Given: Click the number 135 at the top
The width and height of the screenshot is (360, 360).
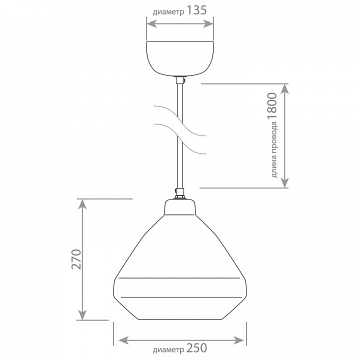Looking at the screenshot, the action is click(196, 10).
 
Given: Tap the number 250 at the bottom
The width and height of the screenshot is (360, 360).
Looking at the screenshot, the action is click(196, 348).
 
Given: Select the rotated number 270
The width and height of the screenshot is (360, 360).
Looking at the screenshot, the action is click(76, 259).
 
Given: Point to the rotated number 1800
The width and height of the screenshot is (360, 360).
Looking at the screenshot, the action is click(272, 106).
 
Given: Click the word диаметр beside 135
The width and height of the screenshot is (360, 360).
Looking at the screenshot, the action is click(168, 12).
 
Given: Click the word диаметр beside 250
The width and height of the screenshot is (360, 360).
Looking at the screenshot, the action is click(168, 349).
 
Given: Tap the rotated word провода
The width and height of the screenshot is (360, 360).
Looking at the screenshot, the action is click(273, 137).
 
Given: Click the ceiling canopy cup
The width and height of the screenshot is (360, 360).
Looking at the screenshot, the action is click(180, 58).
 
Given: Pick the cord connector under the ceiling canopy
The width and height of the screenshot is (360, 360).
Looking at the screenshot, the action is click(180, 80).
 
